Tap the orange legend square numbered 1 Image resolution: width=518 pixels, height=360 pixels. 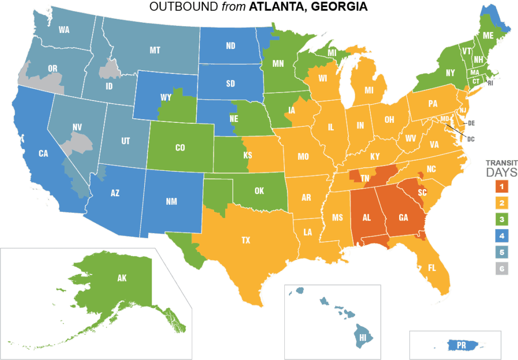pos(501,187)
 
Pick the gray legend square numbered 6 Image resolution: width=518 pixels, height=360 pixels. pos(501,269)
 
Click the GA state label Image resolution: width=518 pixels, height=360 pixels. pos(403,218)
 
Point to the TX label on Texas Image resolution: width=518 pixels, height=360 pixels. pos(246,241)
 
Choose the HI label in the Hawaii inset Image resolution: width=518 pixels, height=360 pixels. pos(363,336)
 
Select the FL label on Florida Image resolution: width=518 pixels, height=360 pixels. pos(432,267)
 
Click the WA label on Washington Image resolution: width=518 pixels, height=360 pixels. pos(64,30)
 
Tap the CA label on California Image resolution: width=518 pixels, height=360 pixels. pos(43,153)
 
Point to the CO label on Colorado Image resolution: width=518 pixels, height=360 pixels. pos(180,148)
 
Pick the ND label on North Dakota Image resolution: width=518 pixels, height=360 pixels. pos(231,46)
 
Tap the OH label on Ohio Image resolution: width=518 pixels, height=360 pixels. pos(389,120)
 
